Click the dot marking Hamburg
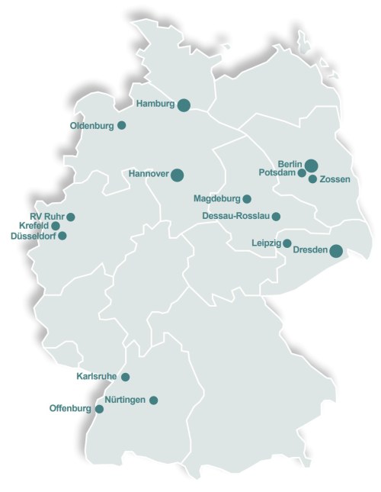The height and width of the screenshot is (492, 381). (184, 105)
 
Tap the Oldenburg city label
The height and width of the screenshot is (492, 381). (92, 125)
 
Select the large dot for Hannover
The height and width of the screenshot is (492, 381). (177, 175)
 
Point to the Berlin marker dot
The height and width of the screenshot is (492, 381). (312, 165)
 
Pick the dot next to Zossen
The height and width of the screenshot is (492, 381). (312, 178)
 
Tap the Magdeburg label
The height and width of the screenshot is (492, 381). (216, 199)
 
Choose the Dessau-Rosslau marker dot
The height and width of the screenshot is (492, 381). (276, 217)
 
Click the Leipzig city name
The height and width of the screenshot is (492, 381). (266, 243)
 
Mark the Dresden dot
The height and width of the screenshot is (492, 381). (335, 250)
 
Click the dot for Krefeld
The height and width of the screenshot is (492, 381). (56, 226)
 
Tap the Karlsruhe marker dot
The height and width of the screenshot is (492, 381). (126, 377)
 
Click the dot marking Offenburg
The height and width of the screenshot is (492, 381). (98, 409)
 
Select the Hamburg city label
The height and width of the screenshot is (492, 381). (155, 103)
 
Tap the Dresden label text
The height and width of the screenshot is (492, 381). (309, 249)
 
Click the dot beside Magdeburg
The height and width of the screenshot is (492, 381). (247, 199)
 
